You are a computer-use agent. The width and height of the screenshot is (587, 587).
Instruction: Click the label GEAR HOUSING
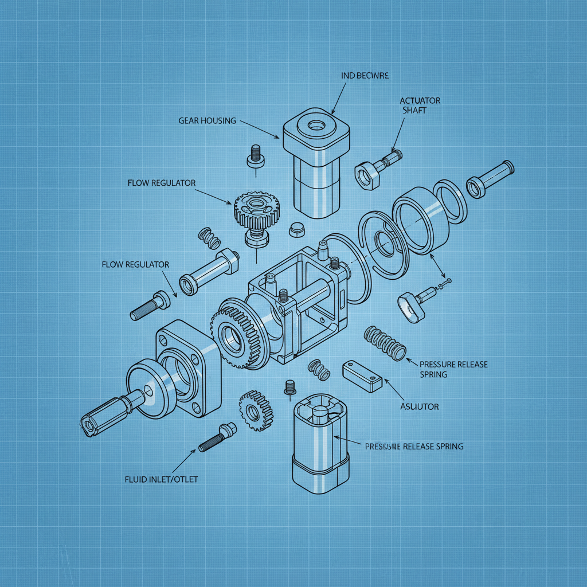pos(207,120)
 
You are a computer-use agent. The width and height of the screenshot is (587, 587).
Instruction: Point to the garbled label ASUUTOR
pos(418,406)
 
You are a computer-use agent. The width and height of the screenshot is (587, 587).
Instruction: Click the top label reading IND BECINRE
pos(365,75)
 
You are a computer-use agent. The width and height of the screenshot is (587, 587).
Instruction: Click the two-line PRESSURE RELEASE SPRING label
pos(453,369)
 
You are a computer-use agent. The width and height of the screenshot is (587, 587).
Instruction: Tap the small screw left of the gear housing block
pos(256,155)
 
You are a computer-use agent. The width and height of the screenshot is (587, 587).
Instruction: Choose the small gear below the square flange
pos(256,410)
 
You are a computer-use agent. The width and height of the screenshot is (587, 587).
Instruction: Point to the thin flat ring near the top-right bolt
pos(449,200)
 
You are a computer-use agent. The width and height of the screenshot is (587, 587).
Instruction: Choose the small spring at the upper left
pos(209,238)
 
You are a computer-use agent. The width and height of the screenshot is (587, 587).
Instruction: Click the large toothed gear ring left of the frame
pos(236,332)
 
